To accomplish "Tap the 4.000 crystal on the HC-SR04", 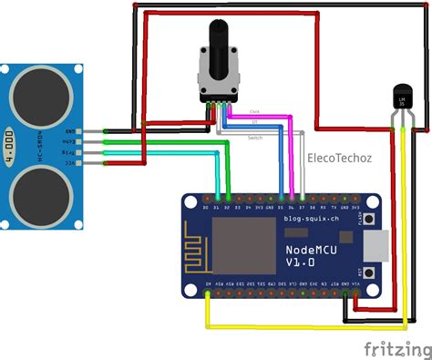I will [x=10, y=142].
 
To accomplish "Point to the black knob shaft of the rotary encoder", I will [x=218, y=46].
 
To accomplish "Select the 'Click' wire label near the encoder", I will [x=254, y=112].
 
